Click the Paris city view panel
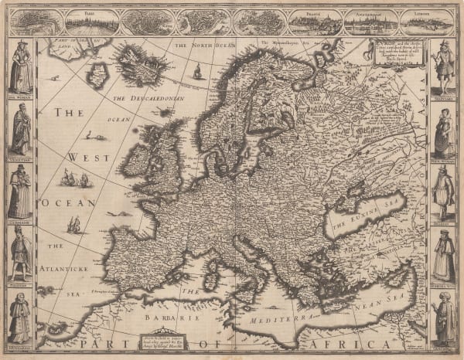click(x=92, y=22)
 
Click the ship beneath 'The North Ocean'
click(x=197, y=72)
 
